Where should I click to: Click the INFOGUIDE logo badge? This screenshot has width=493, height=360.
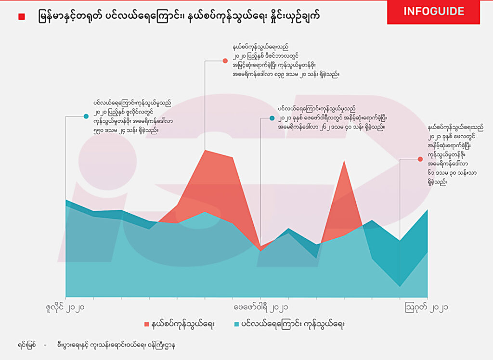[x=433, y=12]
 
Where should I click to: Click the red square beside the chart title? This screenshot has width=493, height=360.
[x=21, y=17]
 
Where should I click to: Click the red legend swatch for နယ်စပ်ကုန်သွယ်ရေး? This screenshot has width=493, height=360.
[x=147, y=324]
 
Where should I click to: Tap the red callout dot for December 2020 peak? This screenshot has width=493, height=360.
[x=225, y=61]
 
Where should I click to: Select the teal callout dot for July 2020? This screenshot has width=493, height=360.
[x=86, y=116]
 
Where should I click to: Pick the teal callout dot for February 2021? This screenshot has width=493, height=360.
[x=272, y=118]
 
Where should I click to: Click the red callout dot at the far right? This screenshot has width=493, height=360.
[x=420, y=159]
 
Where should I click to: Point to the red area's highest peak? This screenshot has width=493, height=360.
[x=205, y=150]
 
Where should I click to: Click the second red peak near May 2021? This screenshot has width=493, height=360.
[x=344, y=161]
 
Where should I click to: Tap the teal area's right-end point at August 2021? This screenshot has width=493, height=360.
[x=427, y=210]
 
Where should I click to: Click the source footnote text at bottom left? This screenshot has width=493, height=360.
[x=96, y=345]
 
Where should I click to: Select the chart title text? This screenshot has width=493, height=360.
[x=178, y=17]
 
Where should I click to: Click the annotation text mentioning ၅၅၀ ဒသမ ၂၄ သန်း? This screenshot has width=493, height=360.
[x=132, y=116]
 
